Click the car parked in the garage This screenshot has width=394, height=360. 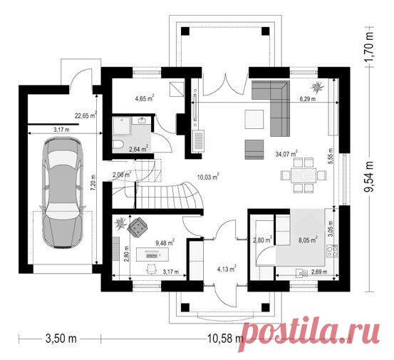pos(63,193)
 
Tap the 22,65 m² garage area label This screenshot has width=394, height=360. pos(86,115)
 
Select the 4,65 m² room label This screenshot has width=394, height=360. pos(145,98)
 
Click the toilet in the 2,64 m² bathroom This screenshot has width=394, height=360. pos(118,145)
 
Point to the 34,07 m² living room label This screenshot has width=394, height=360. pos(286,154)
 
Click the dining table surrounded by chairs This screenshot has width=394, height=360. pos(304,175)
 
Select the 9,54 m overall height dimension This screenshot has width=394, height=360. pos(369,176)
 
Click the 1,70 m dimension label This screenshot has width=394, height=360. pos(369,47)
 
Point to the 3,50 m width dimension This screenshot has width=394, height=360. pos(61,339)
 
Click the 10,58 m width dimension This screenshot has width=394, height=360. pos(224,339)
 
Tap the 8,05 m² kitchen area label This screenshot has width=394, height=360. pos(308,240)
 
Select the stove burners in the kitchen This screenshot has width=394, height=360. pos(332,252)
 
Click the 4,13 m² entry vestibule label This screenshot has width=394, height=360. pos(227,269)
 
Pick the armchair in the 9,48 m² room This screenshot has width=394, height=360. pos(138,227)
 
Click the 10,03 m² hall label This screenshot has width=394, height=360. pos(208,177)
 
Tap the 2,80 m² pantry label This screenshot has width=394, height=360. pos(263,240)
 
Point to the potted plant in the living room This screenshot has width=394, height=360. pos(317,87)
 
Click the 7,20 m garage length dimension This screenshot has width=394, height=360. pos(94,183)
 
